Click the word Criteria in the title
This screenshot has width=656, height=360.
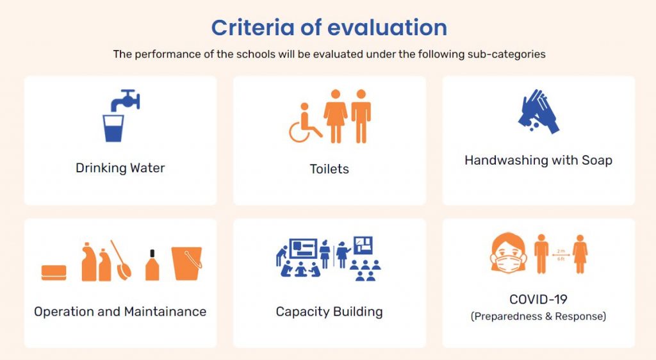point(252,28)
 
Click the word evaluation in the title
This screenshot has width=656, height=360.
point(387,28)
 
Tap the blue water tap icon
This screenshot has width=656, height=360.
point(125,100)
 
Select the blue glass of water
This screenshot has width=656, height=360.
point(113,128)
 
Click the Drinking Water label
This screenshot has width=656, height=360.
point(120,168)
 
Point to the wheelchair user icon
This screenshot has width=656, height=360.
point(304,124)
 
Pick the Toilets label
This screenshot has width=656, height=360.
point(329,169)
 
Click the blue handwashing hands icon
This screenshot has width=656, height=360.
point(539,111)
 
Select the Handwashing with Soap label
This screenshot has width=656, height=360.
point(538,160)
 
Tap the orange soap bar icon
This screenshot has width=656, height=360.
point(54,273)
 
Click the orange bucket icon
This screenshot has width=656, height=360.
point(186,263)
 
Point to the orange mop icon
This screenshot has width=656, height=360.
point(121,260)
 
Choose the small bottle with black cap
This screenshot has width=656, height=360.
point(152,265)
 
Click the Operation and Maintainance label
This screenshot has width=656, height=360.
point(120,311)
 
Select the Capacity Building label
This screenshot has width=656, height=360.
point(329,312)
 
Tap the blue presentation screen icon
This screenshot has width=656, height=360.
point(304,250)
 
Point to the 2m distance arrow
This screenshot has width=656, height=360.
point(561,255)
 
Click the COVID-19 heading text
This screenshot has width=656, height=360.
point(538,299)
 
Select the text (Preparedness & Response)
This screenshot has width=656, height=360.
point(538,316)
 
